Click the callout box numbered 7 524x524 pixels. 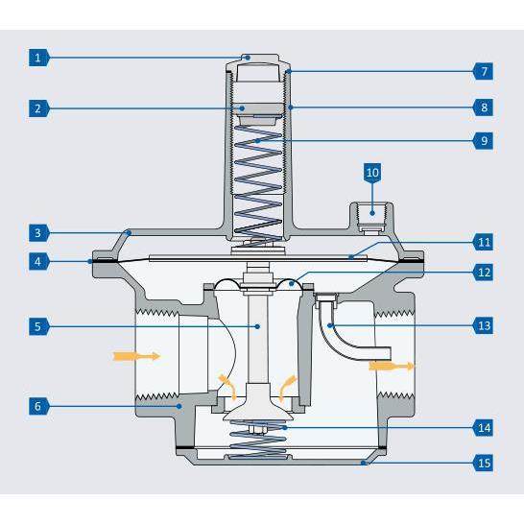tap(485, 71)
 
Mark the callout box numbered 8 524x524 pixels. tap(485, 107)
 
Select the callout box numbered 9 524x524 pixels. tap(485, 140)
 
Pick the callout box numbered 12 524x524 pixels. tap(485, 271)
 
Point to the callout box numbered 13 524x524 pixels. tap(485, 326)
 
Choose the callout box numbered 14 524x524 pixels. tap(485, 424)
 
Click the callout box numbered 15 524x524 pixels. tap(485, 463)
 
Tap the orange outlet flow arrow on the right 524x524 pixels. tap(393, 366)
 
